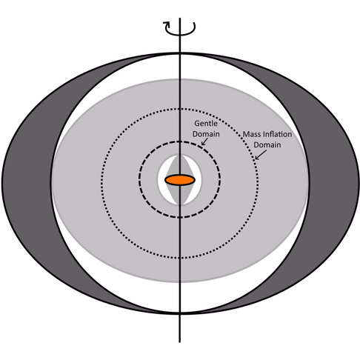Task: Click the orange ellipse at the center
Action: point(180,180)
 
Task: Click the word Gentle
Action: point(206,123)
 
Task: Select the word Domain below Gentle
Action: point(206,134)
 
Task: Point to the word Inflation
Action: point(277,134)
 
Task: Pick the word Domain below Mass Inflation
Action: point(267,144)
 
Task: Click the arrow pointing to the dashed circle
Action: point(204,141)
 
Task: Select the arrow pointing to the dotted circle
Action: point(261,155)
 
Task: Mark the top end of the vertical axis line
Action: point(180,18)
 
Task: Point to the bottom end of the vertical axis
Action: point(180,342)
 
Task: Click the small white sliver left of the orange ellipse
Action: point(162,180)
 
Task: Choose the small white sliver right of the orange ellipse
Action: point(198,180)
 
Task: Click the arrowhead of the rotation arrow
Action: point(166,24)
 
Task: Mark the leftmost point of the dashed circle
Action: point(139,179)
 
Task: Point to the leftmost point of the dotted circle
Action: point(101,183)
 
